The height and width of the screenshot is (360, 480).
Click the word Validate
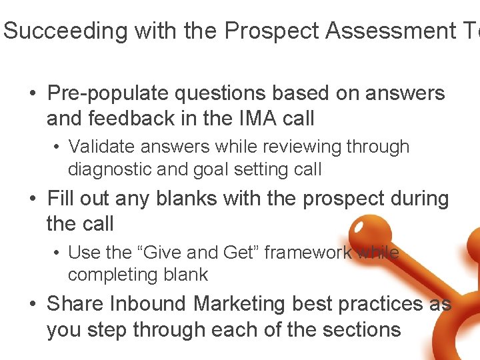(102, 147)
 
